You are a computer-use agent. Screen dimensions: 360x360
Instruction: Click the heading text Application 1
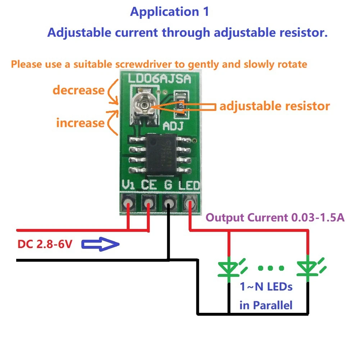coord(169,12)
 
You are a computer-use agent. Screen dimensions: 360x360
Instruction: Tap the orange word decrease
coord(78,90)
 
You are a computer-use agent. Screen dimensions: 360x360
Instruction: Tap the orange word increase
coord(80,123)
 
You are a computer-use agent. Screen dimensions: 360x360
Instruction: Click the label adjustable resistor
coord(274,106)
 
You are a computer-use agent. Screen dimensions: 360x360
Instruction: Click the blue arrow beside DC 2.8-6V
coord(100,245)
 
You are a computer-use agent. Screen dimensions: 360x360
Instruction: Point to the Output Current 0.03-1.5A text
coord(275,218)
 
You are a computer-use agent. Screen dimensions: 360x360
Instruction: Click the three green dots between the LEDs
coord(270,268)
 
